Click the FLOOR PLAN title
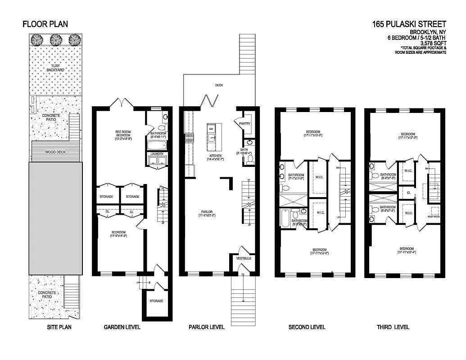pos(45,24)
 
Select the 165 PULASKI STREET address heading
pos(409,24)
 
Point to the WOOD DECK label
pos(55,152)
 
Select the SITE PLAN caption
pos(59,327)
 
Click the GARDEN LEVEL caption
pos(122,327)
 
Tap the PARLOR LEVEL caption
pos(206,327)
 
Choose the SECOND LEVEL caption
pos(307,327)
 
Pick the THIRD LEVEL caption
pos(393,327)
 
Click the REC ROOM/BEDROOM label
pos(123,134)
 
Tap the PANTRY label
pos(245,123)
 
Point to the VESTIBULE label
pos(244,258)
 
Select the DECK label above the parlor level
pos(219,85)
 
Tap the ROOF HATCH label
pos(433,216)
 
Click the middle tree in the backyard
pos(56,40)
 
